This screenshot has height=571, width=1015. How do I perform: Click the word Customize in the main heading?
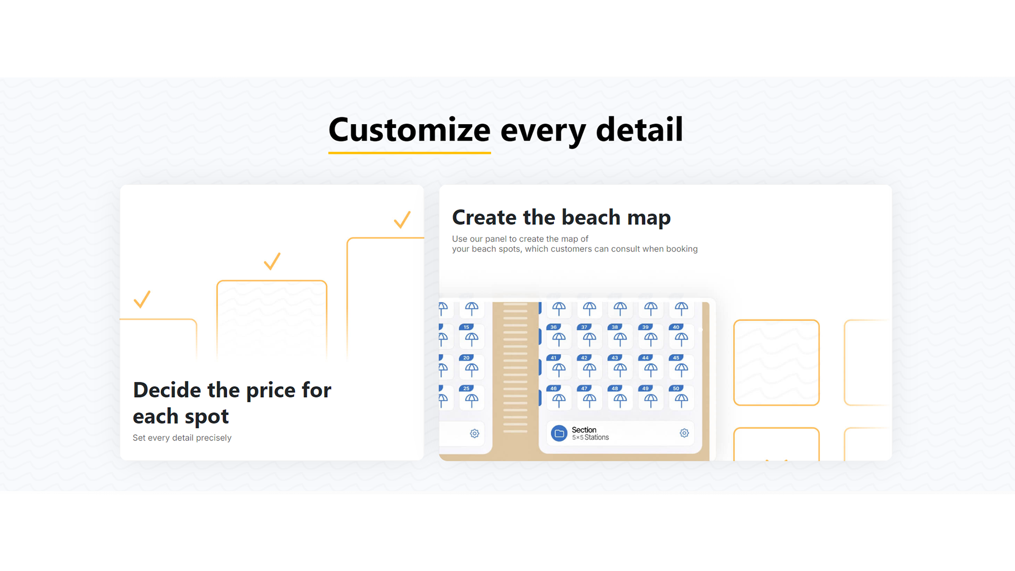click(x=410, y=130)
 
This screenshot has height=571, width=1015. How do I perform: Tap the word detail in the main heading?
click(x=640, y=130)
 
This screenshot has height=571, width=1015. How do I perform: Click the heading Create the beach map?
click(x=561, y=217)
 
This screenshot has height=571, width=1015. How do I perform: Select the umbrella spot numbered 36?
click(x=558, y=336)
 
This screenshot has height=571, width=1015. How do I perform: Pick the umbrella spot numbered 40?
click(x=681, y=336)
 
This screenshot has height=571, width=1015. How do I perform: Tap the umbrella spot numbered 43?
click(x=620, y=367)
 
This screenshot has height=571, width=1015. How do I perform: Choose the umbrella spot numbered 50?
click(x=681, y=398)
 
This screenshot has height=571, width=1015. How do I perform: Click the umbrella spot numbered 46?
click(x=558, y=398)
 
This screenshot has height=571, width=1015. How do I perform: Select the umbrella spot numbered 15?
click(x=471, y=336)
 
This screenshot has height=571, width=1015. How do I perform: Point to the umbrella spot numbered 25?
click(x=471, y=398)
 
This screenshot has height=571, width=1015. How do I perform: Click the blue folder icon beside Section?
click(x=559, y=433)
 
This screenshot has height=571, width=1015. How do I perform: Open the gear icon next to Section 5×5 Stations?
click(x=684, y=433)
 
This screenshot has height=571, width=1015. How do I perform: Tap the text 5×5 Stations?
click(x=590, y=438)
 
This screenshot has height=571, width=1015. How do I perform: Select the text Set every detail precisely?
click(x=182, y=438)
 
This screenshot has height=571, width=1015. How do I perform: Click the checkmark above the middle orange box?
click(x=272, y=261)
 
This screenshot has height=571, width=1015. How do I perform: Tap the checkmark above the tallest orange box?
click(x=402, y=219)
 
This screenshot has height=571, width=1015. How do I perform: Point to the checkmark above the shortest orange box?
click(x=142, y=299)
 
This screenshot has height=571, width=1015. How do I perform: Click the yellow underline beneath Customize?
click(x=410, y=153)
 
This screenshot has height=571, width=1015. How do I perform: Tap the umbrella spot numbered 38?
click(x=620, y=336)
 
